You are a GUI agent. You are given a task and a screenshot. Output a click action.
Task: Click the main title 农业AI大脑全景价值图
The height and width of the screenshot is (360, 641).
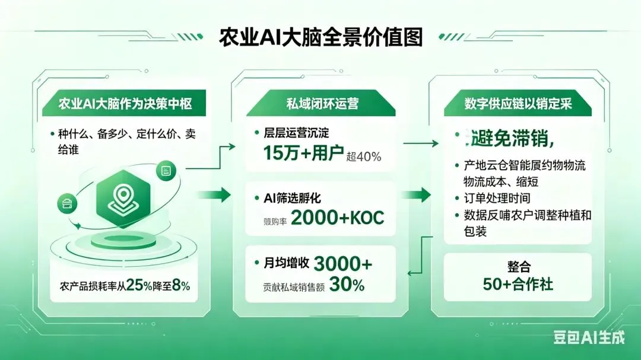point(320,37)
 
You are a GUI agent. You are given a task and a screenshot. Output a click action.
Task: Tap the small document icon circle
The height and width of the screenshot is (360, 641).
point(166,171)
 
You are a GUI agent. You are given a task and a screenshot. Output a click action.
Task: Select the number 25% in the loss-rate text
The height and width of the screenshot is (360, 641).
point(139,286)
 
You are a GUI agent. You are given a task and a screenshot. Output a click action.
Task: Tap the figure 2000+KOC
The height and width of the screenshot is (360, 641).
point(338,218)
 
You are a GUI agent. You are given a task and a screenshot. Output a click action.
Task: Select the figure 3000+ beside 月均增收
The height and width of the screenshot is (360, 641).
point(342,263)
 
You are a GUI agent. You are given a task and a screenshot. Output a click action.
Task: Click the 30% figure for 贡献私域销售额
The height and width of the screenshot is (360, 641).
point(347,285)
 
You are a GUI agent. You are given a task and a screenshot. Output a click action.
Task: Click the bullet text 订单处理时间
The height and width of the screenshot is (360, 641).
point(497,198)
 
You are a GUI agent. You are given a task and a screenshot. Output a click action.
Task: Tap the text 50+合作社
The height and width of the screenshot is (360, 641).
point(518,284)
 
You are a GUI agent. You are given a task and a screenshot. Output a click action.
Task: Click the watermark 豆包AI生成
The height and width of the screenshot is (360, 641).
point(589,337)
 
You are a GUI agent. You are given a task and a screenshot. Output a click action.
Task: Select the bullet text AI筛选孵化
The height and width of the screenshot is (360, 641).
point(296,198)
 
